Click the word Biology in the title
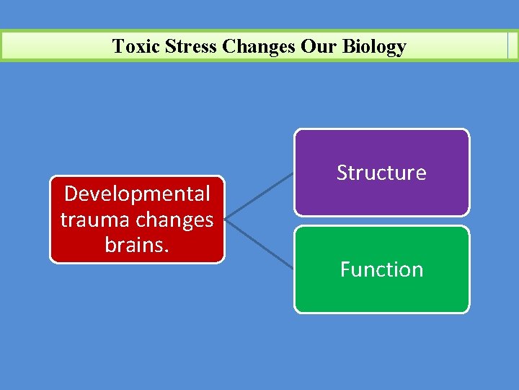[374, 48]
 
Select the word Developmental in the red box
[137, 194]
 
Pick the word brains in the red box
[135, 244]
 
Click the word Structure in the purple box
[381, 173]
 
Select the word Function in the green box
[381, 269]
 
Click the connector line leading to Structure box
[259, 194]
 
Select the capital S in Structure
[342, 173]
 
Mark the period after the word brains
[167, 250]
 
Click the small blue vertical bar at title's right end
[509, 45]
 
